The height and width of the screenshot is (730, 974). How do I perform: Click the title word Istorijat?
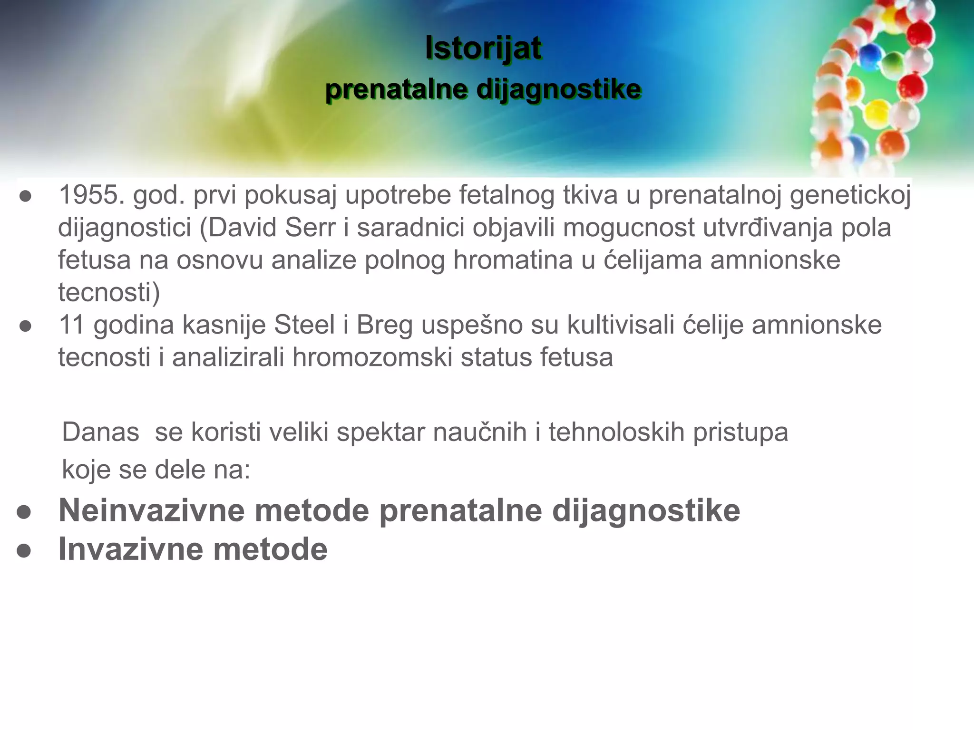click(483, 48)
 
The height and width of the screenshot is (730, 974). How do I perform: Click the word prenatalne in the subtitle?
click(396, 89)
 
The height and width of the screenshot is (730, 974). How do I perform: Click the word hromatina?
click(513, 260)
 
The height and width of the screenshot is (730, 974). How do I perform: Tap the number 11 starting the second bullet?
click(71, 325)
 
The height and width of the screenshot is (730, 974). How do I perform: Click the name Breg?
click(384, 326)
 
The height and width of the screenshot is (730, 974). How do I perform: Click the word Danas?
click(101, 432)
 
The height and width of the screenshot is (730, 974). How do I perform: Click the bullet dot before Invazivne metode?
click(24, 551)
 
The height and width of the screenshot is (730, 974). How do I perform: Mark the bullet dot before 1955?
click(25, 196)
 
